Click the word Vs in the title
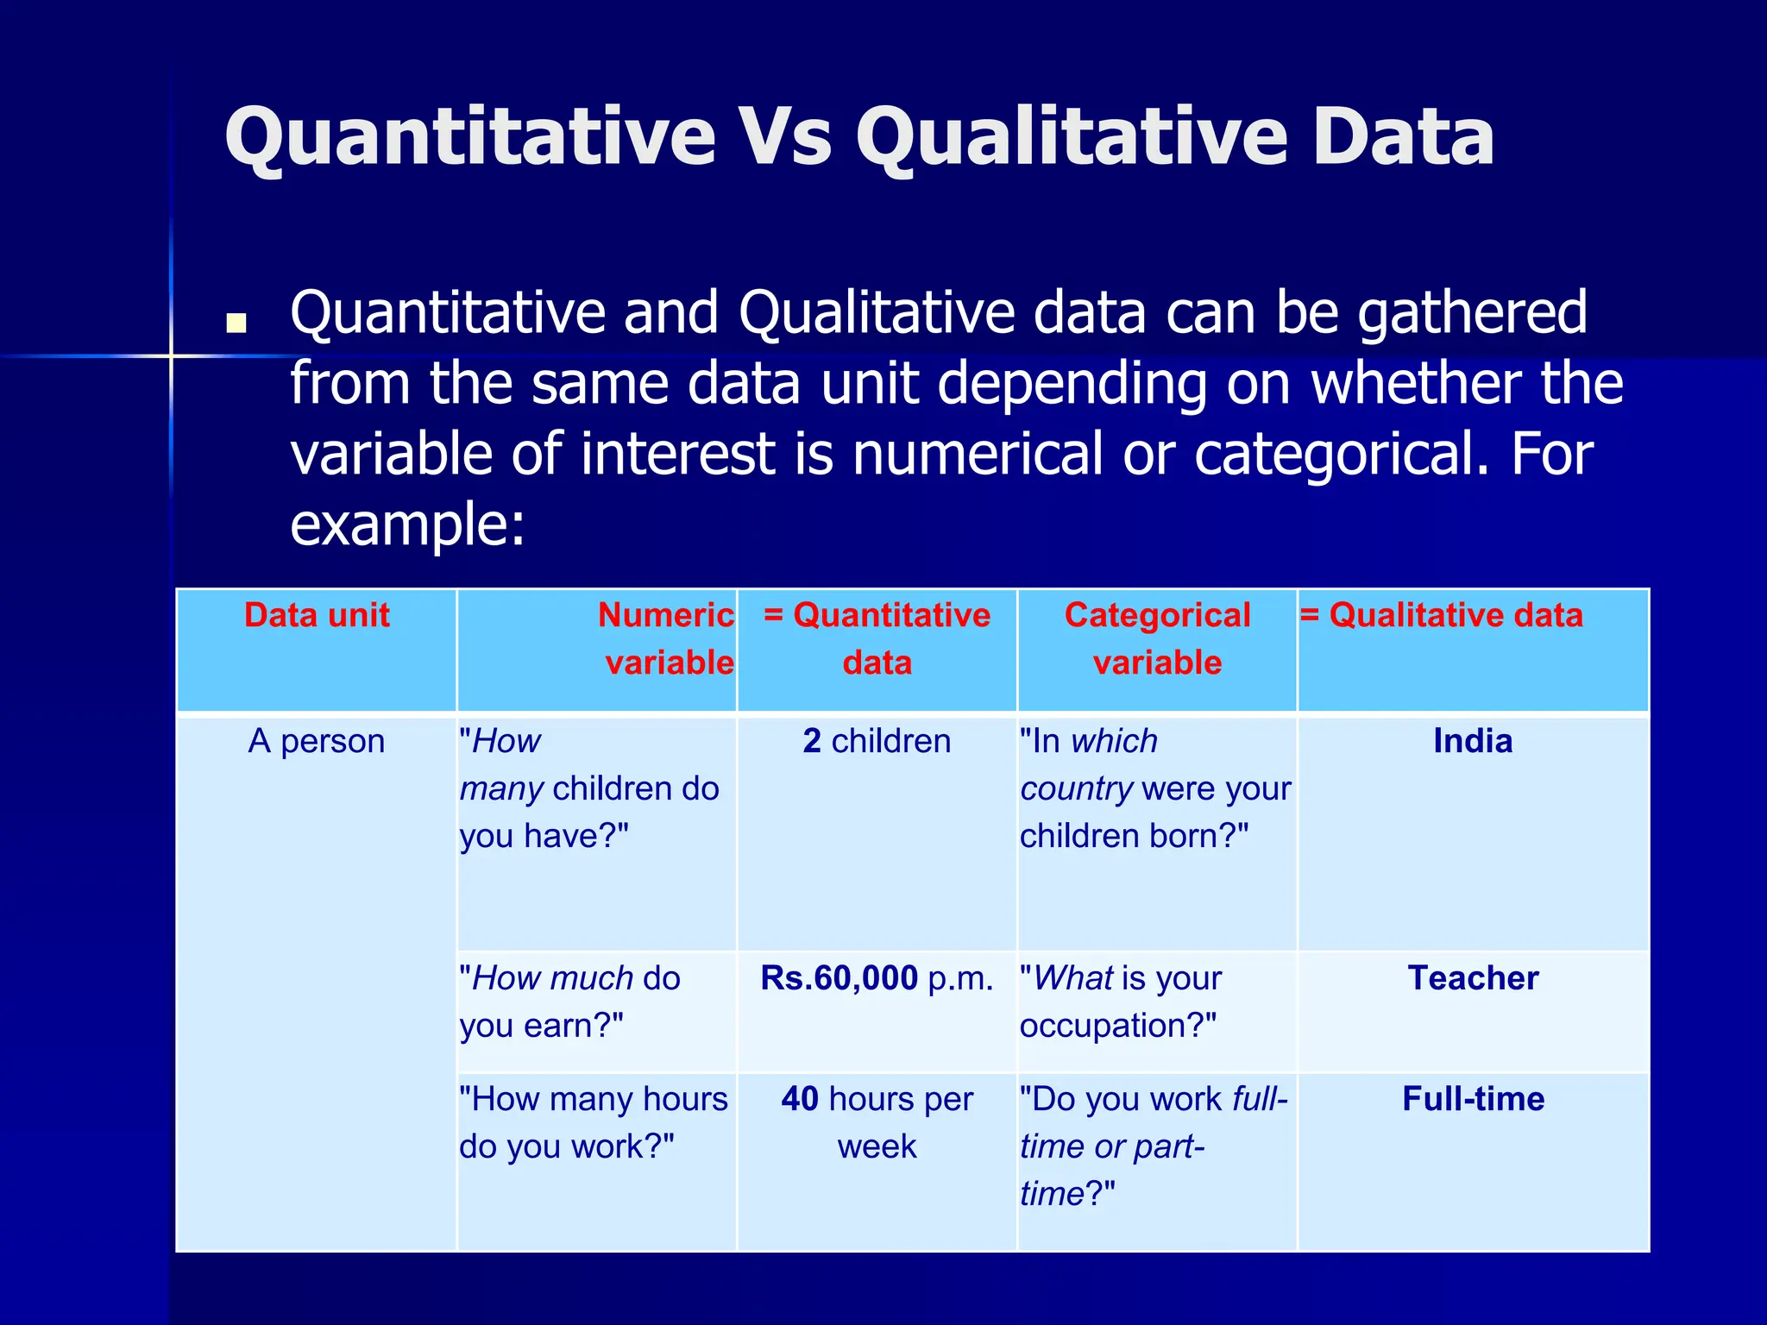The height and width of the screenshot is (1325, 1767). pyautogui.click(x=786, y=138)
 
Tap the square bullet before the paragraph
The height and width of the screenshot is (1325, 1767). pyautogui.click(x=236, y=323)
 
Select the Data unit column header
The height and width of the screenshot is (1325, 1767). pyautogui.click(x=317, y=616)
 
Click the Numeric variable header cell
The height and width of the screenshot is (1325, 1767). pyautogui.click(x=666, y=639)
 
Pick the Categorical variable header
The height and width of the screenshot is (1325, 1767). pyautogui.click(x=1157, y=639)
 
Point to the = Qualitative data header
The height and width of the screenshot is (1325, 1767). pyautogui.click(x=1442, y=616)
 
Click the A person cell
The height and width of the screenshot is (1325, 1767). pyautogui.click(x=317, y=742)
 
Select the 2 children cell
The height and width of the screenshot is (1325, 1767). pyautogui.click(x=877, y=742)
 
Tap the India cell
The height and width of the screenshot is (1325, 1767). pyautogui.click(x=1473, y=742)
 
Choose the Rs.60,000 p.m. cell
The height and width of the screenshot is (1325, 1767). pyautogui.click(x=877, y=979)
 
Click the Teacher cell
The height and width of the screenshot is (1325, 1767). pyautogui.click(x=1473, y=979)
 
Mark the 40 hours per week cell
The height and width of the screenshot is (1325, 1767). pyautogui.click(x=877, y=1122)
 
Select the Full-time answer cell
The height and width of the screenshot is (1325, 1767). pyautogui.click(x=1473, y=1100)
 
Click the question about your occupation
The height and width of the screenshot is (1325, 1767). pyautogui.click(x=1120, y=1002)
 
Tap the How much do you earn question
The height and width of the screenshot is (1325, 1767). pyautogui.click(x=569, y=1002)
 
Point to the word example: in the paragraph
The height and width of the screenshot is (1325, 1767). pyautogui.click(x=407, y=524)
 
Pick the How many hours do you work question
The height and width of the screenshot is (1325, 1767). pyautogui.click(x=594, y=1122)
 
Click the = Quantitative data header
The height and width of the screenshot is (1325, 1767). pyautogui.click(x=877, y=639)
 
